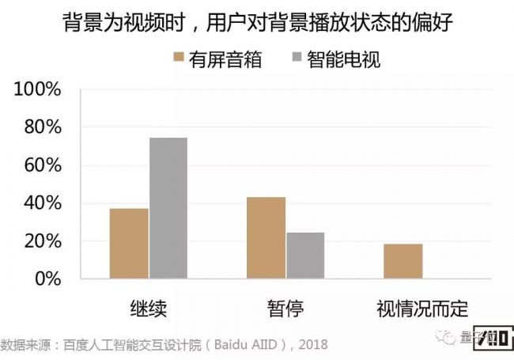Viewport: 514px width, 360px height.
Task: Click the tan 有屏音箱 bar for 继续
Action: (129, 244)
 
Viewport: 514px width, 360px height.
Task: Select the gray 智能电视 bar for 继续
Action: (168, 208)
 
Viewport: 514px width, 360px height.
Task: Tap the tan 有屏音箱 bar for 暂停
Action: (266, 237)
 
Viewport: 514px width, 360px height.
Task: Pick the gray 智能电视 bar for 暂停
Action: (305, 256)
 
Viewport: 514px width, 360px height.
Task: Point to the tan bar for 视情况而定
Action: (403, 261)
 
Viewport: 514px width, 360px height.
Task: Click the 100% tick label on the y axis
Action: (38, 89)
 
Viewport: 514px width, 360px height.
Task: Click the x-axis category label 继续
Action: (148, 307)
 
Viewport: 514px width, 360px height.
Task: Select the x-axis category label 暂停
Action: (285, 307)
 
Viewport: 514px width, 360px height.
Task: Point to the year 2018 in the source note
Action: (312, 346)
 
